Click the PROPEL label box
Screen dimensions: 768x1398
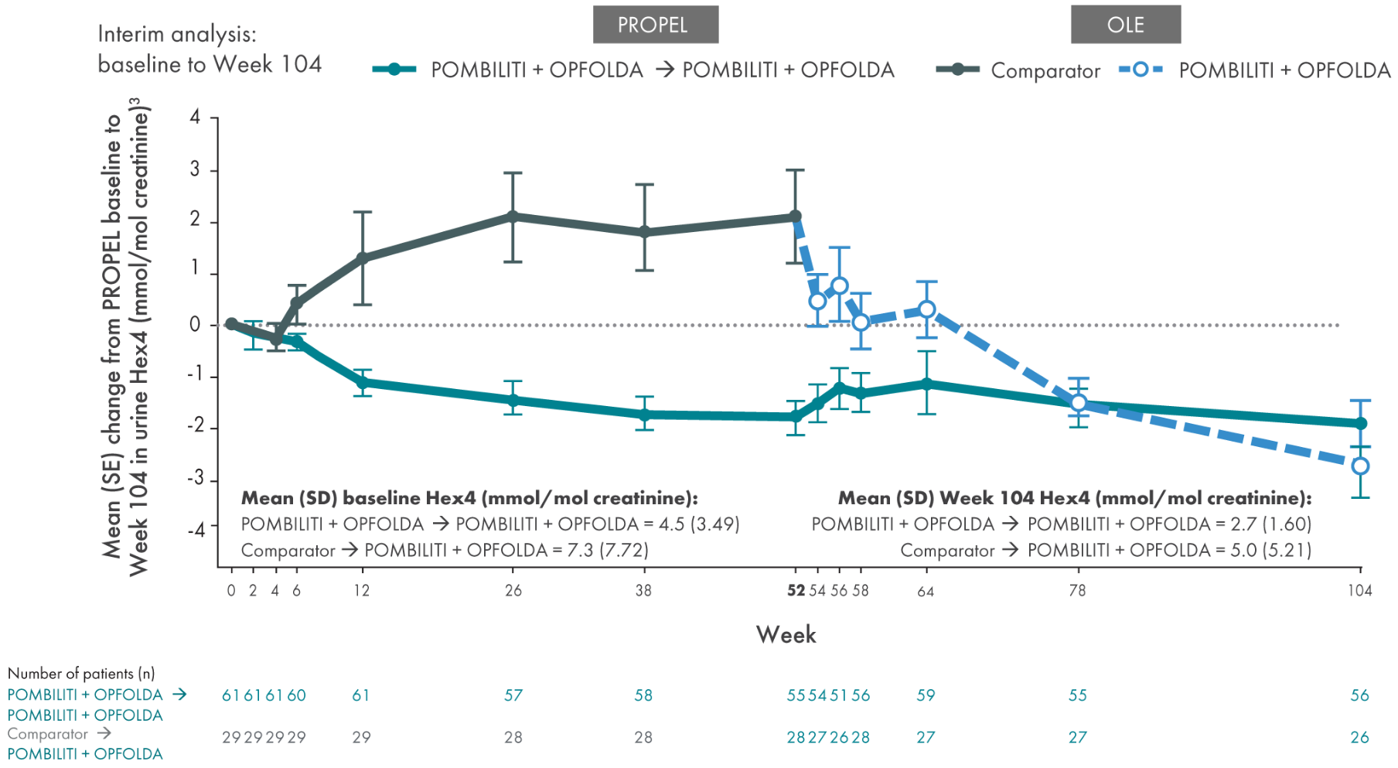tap(655, 25)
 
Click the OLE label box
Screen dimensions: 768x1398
tap(1125, 25)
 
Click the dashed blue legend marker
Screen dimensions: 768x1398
tap(1141, 70)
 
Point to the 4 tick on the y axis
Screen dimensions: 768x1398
tap(196, 118)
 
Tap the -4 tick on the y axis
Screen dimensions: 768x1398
tap(196, 530)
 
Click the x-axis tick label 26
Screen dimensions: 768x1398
tap(513, 591)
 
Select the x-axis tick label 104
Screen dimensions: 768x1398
tap(1359, 591)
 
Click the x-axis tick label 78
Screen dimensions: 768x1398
tap(1077, 591)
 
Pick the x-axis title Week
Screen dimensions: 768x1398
tap(786, 635)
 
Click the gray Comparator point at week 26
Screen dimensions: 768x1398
tap(512, 217)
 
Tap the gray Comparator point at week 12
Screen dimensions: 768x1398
tap(362, 258)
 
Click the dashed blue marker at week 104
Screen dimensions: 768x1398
tap(1360, 466)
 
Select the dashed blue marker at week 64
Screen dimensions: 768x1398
tap(927, 309)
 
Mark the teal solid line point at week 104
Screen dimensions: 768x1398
tap(1360, 423)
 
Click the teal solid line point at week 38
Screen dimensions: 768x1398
tap(644, 415)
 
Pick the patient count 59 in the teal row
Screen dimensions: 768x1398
tap(926, 695)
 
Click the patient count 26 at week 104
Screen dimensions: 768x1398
tap(1359, 738)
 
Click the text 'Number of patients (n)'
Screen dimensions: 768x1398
tap(81, 674)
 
